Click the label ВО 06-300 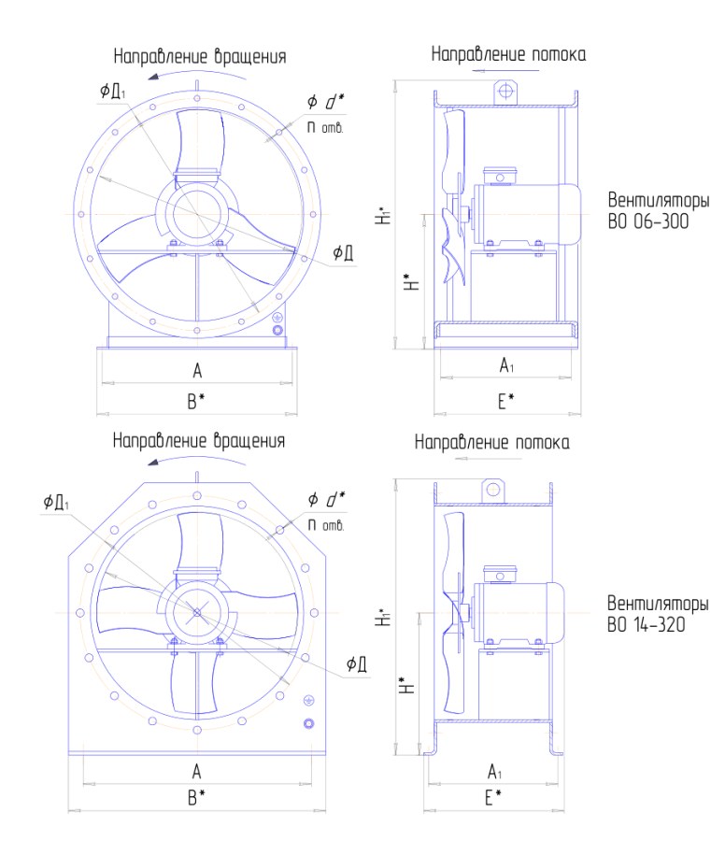[647, 221]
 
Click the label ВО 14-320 [647, 624]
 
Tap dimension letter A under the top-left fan [197, 371]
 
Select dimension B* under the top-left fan [195, 401]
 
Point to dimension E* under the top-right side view [505, 401]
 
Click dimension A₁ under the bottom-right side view [494, 772]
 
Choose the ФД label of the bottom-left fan [357, 664]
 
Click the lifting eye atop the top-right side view [505, 92]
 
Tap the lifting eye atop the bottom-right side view [492, 490]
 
